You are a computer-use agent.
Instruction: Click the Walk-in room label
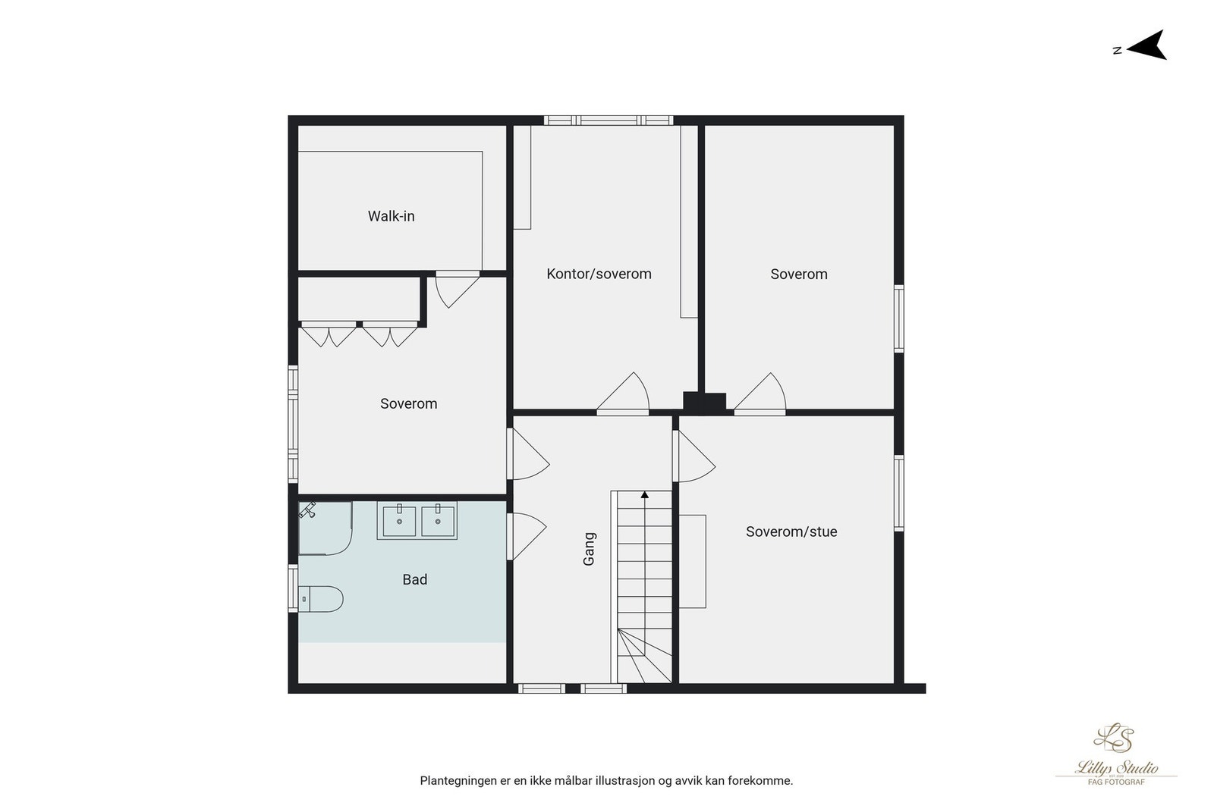pyautogui.click(x=391, y=216)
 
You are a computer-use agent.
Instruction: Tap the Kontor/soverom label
pyautogui.click(x=599, y=274)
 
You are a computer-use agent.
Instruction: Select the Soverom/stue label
pyautogui.click(x=791, y=531)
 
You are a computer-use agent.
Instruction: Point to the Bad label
pyautogui.click(x=414, y=579)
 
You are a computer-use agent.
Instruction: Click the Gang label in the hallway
pyautogui.click(x=589, y=548)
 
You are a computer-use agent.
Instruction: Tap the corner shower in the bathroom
pyautogui.click(x=324, y=528)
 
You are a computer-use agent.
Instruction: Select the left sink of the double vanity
pyautogui.click(x=399, y=521)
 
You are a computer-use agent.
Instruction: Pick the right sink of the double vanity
pyautogui.click(x=438, y=521)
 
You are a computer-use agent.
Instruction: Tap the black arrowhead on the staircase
pyautogui.click(x=645, y=495)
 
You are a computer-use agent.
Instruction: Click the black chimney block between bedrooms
pyautogui.click(x=704, y=402)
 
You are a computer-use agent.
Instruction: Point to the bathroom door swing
pyautogui.click(x=527, y=536)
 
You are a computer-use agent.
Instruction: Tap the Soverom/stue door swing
pyautogui.click(x=693, y=456)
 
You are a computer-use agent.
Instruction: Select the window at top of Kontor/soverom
pyautogui.click(x=608, y=120)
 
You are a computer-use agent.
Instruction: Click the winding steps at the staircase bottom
pyautogui.click(x=643, y=656)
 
